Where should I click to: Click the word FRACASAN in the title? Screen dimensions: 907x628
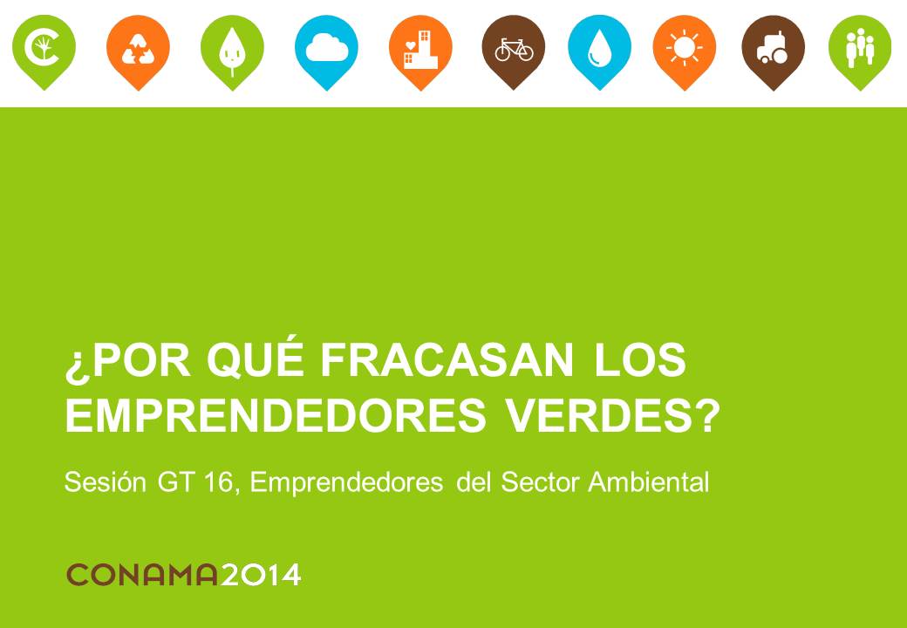pos(447,361)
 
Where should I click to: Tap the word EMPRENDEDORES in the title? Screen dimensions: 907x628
pos(276,415)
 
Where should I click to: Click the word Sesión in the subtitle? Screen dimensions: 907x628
pos(106,481)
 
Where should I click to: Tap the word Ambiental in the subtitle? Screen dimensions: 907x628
pos(649,481)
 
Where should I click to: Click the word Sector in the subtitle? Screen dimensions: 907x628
pos(541,482)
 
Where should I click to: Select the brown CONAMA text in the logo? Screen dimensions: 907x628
pos(142,575)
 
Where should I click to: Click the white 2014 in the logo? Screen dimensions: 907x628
pos(261,575)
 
